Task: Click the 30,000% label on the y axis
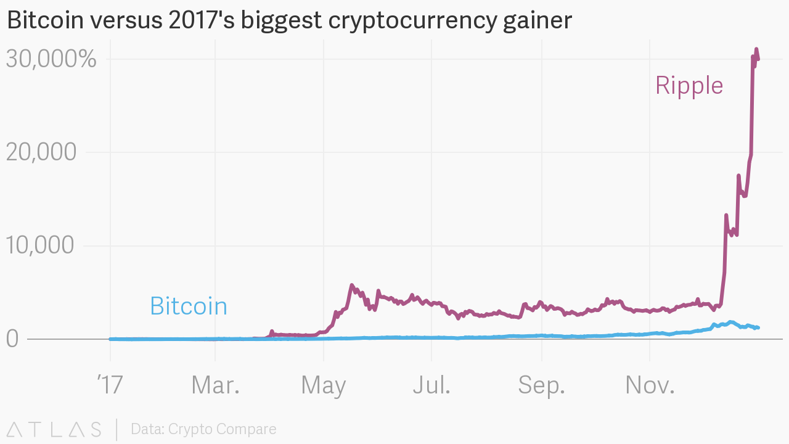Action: pos(51,59)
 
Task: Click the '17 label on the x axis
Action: pos(110,385)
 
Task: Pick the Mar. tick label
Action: pos(215,385)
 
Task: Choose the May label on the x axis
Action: pos(324,385)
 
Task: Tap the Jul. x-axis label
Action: pos(431,385)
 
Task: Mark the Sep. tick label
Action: pos(541,385)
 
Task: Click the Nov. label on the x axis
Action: pos(650,385)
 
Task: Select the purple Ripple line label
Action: pos(689,85)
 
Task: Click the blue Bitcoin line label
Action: pos(189,306)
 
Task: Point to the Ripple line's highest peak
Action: pos(756,49)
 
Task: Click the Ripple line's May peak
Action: pos(351,286)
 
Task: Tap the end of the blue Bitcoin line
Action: pos(758,327)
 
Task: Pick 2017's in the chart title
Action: pos(200,20)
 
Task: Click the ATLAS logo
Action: pos(54,429)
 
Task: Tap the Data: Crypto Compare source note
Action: pos(203,429)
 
